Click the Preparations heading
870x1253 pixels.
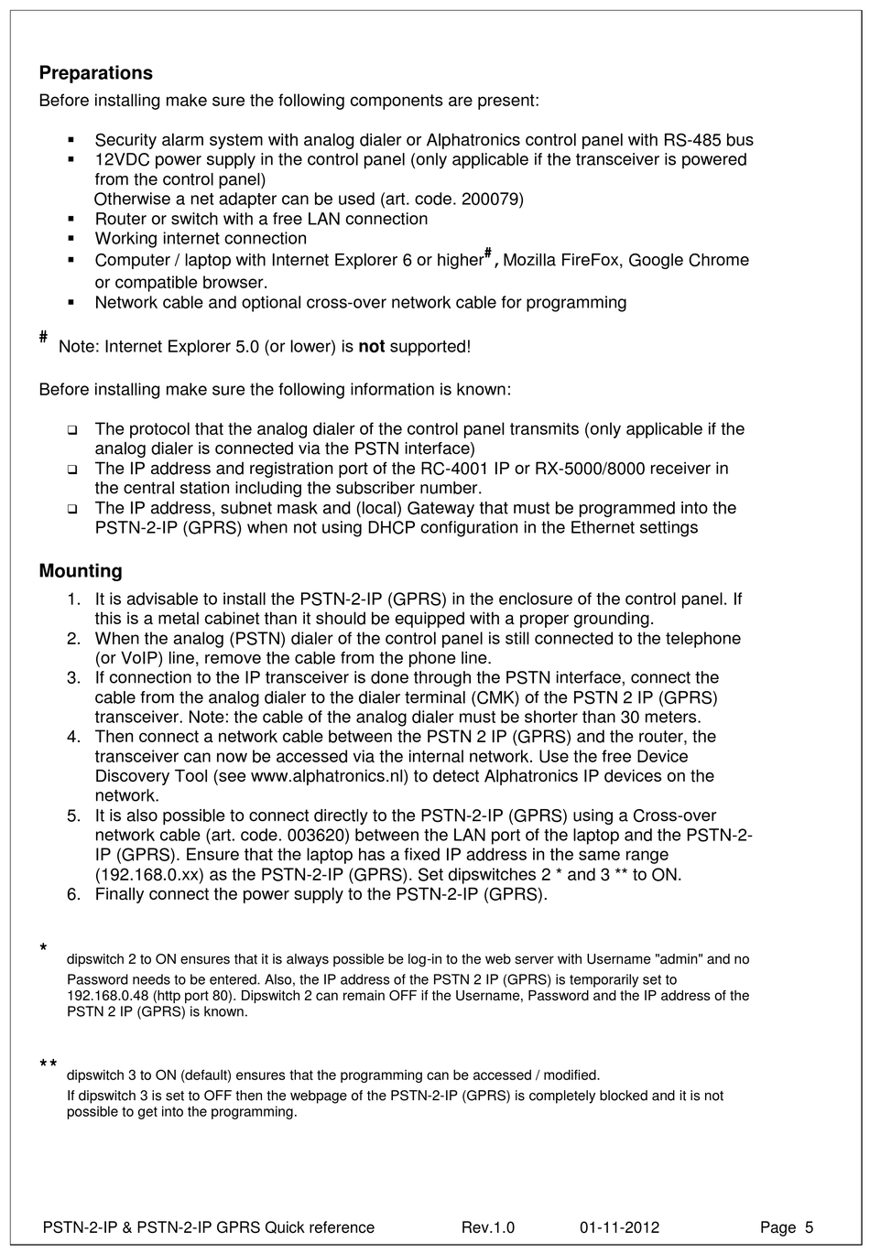click(95, 73)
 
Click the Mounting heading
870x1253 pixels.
click(81, 571)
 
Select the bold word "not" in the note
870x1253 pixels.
click(371, 347)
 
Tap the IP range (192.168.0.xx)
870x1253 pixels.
click(150, 875)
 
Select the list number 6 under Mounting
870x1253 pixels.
click(73, 894)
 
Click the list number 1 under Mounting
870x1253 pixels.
click(73, 599)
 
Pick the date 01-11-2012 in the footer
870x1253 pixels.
click(619, 1227)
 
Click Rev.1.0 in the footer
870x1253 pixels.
click(488, 1227)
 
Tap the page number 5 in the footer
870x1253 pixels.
click(809, 1227)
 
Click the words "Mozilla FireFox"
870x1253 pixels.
click(562, 261)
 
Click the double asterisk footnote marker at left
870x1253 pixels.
click(49, 1064)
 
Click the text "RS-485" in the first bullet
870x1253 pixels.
click(694, 140)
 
